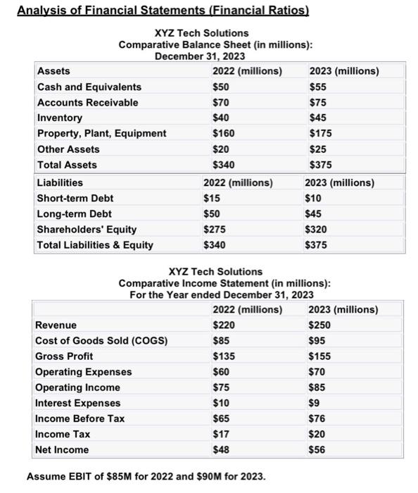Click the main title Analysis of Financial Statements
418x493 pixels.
point(163,11)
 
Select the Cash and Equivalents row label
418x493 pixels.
point(89,87)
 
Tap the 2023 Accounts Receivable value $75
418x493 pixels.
point(319,103)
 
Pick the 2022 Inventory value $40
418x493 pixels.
point(221,118)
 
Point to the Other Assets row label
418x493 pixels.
point(68,149)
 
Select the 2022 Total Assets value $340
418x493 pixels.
point(224,165)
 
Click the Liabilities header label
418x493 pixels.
point(59,183)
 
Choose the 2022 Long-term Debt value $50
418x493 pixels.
point(221,214)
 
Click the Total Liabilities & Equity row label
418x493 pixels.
point(95,245)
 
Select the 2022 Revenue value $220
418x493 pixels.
point(224,325)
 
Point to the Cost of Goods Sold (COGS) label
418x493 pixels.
point(102,341)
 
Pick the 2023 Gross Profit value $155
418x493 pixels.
point(321,356)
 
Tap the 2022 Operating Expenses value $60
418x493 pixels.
point(221,372)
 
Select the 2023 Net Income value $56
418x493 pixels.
point(318,449)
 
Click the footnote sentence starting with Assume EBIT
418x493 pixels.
point(146,477)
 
